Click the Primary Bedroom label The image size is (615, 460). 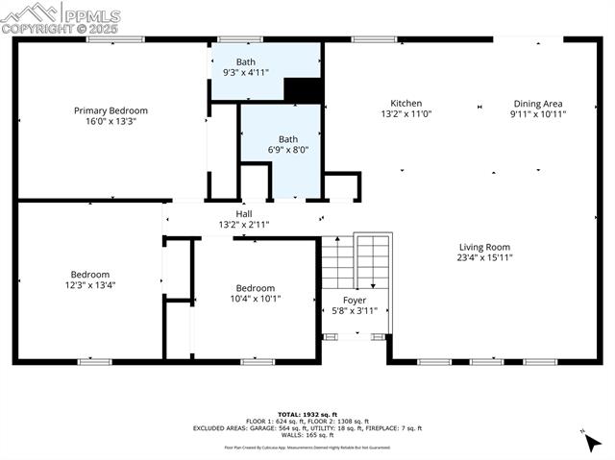(105, 110)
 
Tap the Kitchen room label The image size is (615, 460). (406, 104)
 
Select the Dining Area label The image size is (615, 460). (537, 104)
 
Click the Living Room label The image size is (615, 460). (484, 247)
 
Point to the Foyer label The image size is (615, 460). (355, 300)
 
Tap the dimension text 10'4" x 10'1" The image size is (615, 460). (256, 299)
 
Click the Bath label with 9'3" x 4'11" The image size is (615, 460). (246, 61)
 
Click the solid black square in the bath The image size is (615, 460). (303, 89)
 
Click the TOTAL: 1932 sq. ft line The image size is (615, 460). (307, 414)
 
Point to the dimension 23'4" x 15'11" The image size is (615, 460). (484, 257)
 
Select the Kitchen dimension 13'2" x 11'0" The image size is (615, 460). (406, 114)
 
